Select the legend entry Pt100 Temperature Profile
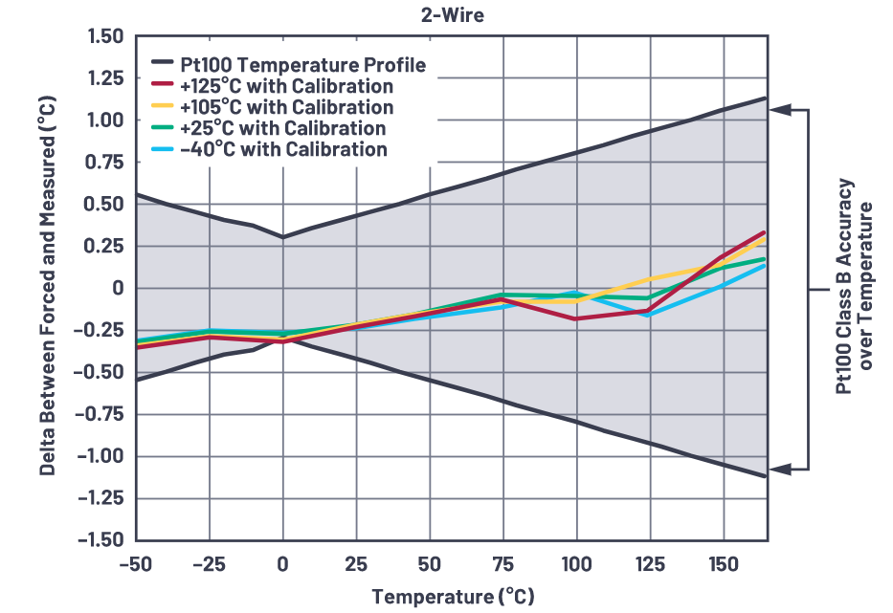[x=302, y=66]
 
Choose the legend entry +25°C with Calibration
[x=282, y=128]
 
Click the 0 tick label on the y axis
[x=118, y=288]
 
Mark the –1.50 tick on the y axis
[x=102, y=540]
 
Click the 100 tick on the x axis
[x=575, y=563]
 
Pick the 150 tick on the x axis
[x=722, y=563]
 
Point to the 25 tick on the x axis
[x=356, y=563]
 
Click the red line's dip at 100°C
[x=575, y=318]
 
